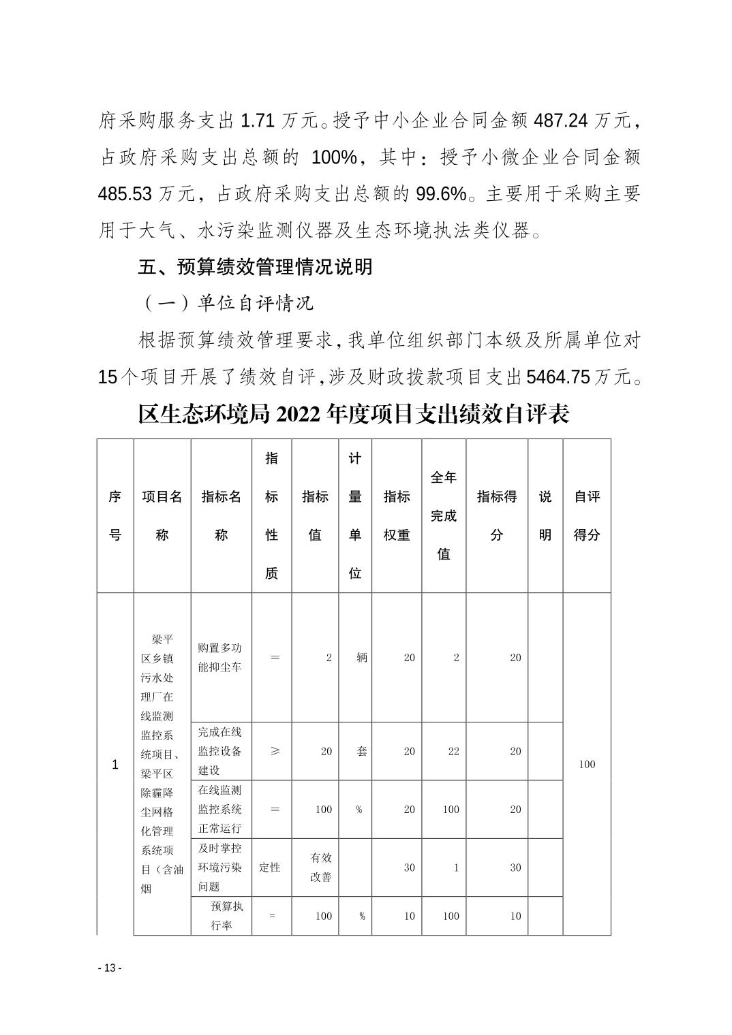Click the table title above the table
[x=353, y=413]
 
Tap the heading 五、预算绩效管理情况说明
[x=255, y=266]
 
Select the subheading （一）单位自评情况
[x=228, y=302]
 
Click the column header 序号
[x=115, y=515]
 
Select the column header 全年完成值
[x=444, y=515]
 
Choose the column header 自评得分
[x=587, y=515]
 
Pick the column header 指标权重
[x=397, y=515]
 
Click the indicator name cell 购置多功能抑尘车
[x=220, y=657]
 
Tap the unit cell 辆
[x=361, y=657]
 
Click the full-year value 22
[x=453, y=751]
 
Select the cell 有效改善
[x=321, y=867]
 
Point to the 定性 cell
[x=271, y=867]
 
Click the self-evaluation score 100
[x=587, y=764]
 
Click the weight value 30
[x=409, y=867]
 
